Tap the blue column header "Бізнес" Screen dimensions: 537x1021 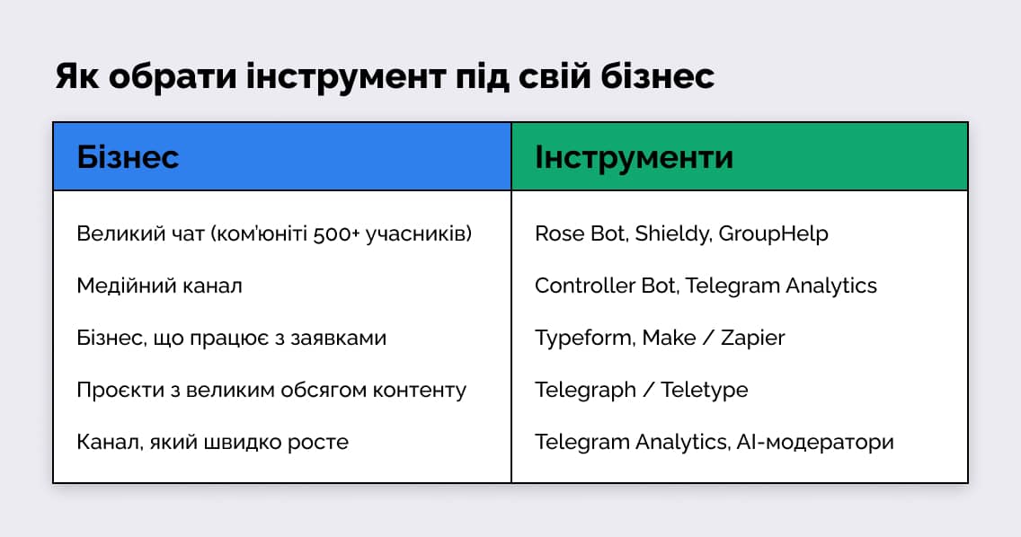tap(129, 157)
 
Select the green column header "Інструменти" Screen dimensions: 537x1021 tap(634, 157)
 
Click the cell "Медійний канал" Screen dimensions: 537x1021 tap(159, 286)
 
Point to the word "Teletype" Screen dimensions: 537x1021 tap(705, 390)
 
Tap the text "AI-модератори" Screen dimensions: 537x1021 tap(817, 442)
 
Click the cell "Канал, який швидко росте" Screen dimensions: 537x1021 tap(212, 442)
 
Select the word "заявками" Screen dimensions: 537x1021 tap(344, 338)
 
